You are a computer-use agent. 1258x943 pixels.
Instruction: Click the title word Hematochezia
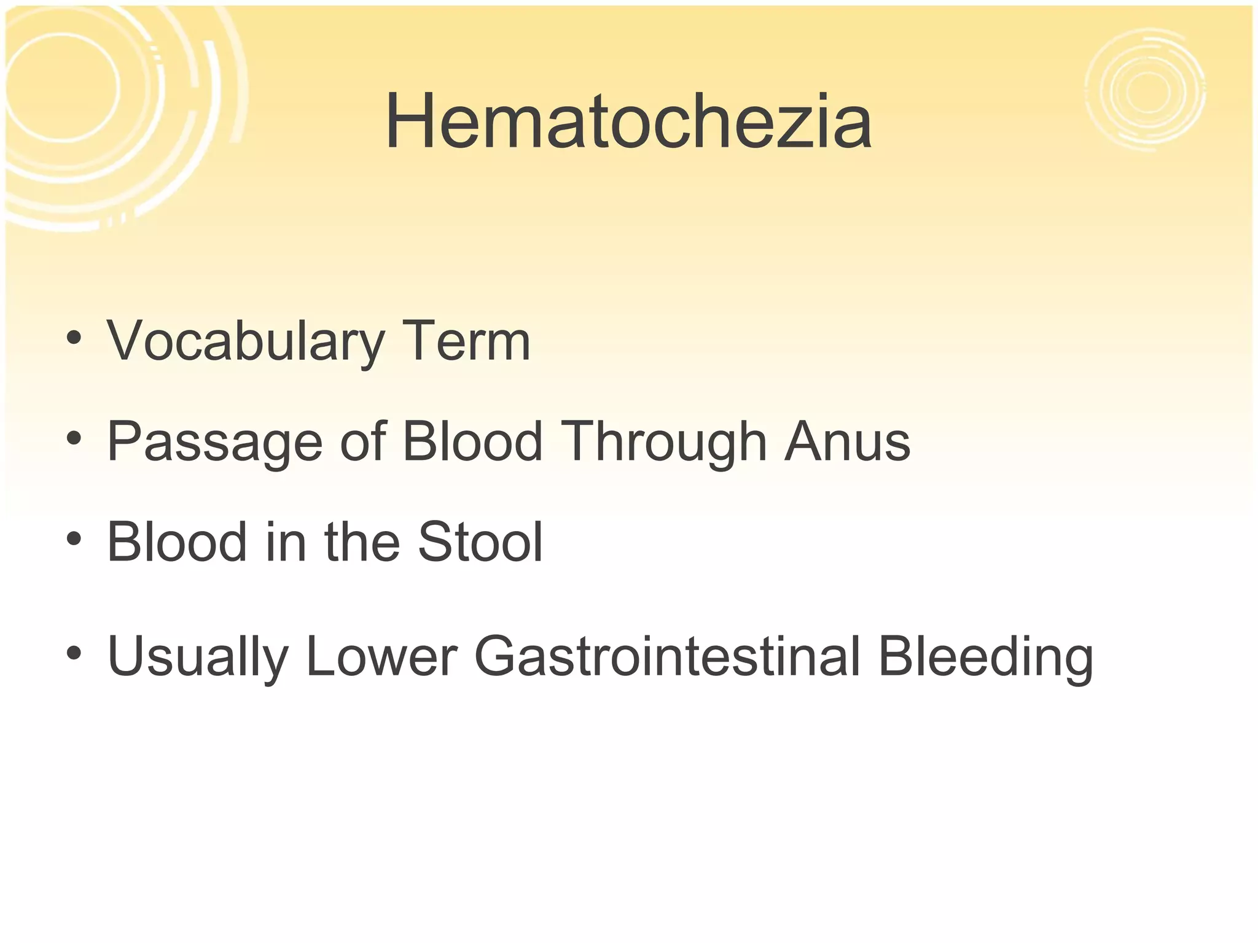pyautogui.click(x=628, y=121)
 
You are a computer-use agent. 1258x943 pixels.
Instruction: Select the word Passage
pyautogui.click(x=214, y=442)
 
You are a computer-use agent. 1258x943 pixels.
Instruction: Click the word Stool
pyautogui.click(x=480, y=542)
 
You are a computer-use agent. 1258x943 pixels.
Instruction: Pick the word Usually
pyautogui.click(x=197, y=656)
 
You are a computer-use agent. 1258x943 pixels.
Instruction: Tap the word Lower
pyautogui.click(x=381, y=656)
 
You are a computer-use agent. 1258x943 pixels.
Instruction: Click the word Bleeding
pyautogui.click(x=985, y=656)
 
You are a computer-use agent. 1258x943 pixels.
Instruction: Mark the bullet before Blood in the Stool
pyautogui.click(x=74, y=539)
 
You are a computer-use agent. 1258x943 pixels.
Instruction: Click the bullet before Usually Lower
pyautogui.click(x=74, y=653)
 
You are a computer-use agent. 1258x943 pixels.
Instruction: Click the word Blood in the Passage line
pyautogui.click(x=472, y=442)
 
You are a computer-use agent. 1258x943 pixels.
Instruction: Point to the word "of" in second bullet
pyautogui.click(x=362, y=442)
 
